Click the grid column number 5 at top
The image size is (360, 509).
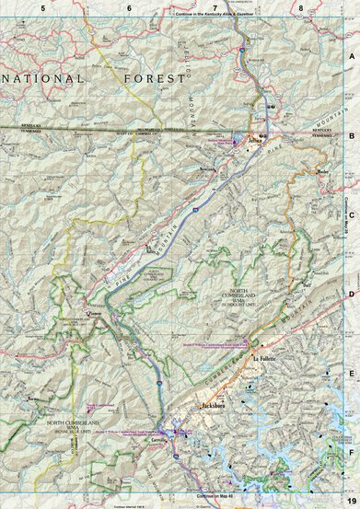[x=42, y=7]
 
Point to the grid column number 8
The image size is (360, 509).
[x=301, y=7]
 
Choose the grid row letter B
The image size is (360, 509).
[x=351, y=133]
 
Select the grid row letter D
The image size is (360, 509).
[x=351, y=293]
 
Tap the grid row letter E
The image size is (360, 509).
[x=351, y=373]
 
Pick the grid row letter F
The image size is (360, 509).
[x=351, y=452]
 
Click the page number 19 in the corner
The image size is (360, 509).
[x=351, y=498]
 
